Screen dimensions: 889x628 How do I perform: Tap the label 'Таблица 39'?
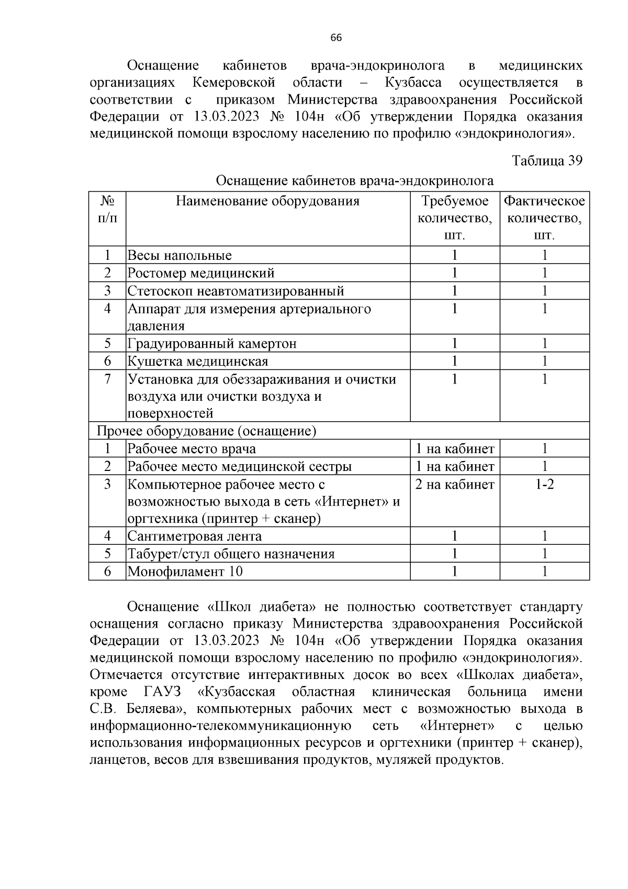[547, 160]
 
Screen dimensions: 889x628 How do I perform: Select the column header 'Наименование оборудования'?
[267, 201]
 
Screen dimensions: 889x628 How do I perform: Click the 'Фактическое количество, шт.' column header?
[544, 218]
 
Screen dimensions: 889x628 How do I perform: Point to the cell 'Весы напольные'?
[180, 256]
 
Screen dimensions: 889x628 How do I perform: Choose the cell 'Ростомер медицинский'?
[201, 273]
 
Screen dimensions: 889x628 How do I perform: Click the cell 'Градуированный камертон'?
[212, 344]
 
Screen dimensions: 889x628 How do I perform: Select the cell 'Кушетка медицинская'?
[198, 361]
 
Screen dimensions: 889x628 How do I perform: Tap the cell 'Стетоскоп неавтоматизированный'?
[235, 291]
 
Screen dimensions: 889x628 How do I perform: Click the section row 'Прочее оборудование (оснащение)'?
[207, 431]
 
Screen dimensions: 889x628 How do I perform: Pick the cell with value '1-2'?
[544, 484]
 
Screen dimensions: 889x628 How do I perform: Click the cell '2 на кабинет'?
[455, 485]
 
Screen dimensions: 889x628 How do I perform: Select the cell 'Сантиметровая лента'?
[195, 536]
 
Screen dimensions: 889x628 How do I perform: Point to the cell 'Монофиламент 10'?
[185, 572]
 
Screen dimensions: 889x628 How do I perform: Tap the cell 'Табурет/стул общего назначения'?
[231, 554]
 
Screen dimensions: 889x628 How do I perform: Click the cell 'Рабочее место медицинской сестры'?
[240, 466]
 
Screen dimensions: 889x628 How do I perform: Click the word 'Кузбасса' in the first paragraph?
[413, 83]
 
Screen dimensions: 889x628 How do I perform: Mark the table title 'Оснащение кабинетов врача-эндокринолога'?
[354, 181]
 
